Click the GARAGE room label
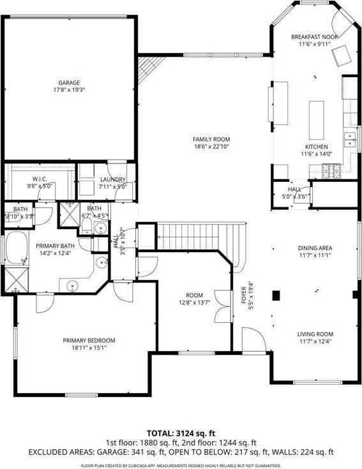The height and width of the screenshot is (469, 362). click(x=70, y=82)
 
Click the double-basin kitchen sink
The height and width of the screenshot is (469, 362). click(x=351, y=139)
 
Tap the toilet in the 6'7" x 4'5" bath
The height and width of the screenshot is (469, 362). click(x=100, y=229)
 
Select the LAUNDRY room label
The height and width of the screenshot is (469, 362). click(x=113, y=180)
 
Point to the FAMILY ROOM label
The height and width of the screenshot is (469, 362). click(x=211, y=139)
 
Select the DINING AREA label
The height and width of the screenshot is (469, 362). click(x=315, y=248)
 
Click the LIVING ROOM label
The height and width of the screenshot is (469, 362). click(x=315, y=334)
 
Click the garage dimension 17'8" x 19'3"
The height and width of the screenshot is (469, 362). click(x=70, y=90)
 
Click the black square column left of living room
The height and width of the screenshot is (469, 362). click(x=276, y=295)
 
